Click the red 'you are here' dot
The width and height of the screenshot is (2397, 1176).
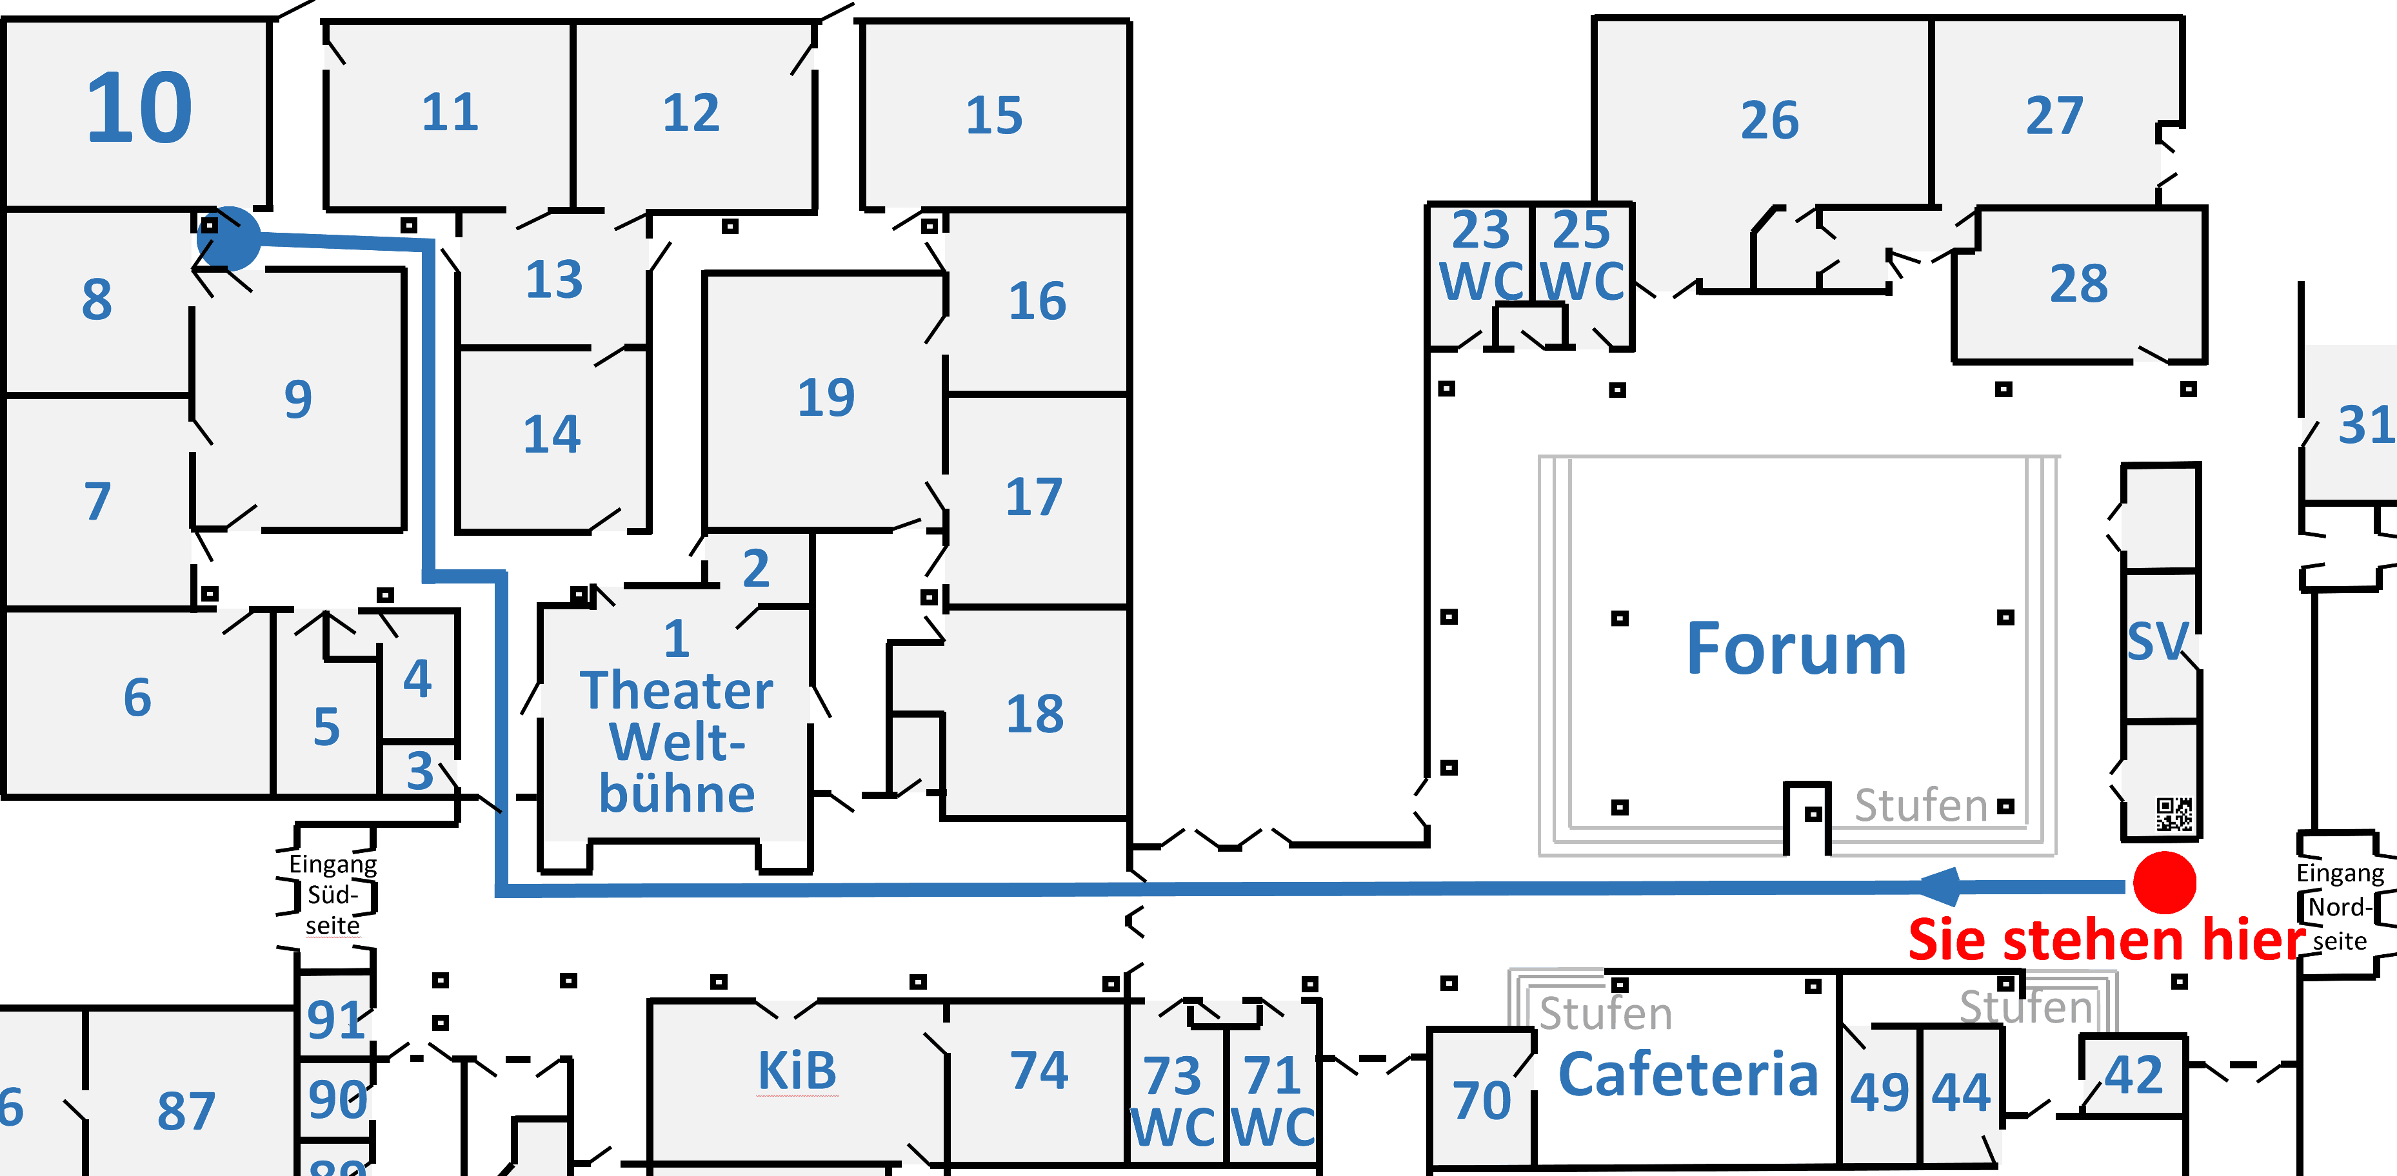[x=2164, y=882]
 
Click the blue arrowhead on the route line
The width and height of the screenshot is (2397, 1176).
[x=1941, y=886]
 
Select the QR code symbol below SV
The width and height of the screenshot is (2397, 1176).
[x=2174, y=814]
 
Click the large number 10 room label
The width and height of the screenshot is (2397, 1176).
[x=139, y=110]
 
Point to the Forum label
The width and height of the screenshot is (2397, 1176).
[x=1796, y=649]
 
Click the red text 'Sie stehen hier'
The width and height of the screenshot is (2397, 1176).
[x=2107, y=939]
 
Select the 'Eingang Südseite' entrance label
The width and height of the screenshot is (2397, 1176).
[x=332, y=894]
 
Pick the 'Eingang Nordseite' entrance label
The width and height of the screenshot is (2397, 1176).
[x=2340, y=907]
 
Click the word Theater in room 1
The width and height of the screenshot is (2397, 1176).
[x=677, y=691]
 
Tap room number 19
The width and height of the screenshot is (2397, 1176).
[x=826, y=397]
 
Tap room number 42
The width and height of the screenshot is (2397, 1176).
[x=2134, y=1075]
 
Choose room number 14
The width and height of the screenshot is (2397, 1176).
[x=552, y=435]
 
